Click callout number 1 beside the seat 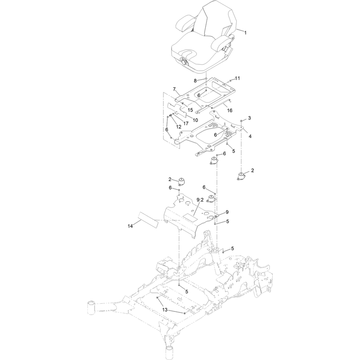245,33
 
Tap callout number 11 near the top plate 238,78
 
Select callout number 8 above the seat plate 195,81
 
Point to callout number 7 174,89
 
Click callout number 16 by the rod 229,110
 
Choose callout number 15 190,110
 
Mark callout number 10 195,120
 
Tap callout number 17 186,123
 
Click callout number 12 178,127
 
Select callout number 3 249,118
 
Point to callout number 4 250,136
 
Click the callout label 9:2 200,200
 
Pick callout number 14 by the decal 130,226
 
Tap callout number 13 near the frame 165,310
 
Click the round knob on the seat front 184,62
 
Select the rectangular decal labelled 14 148,220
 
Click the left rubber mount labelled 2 182,182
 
